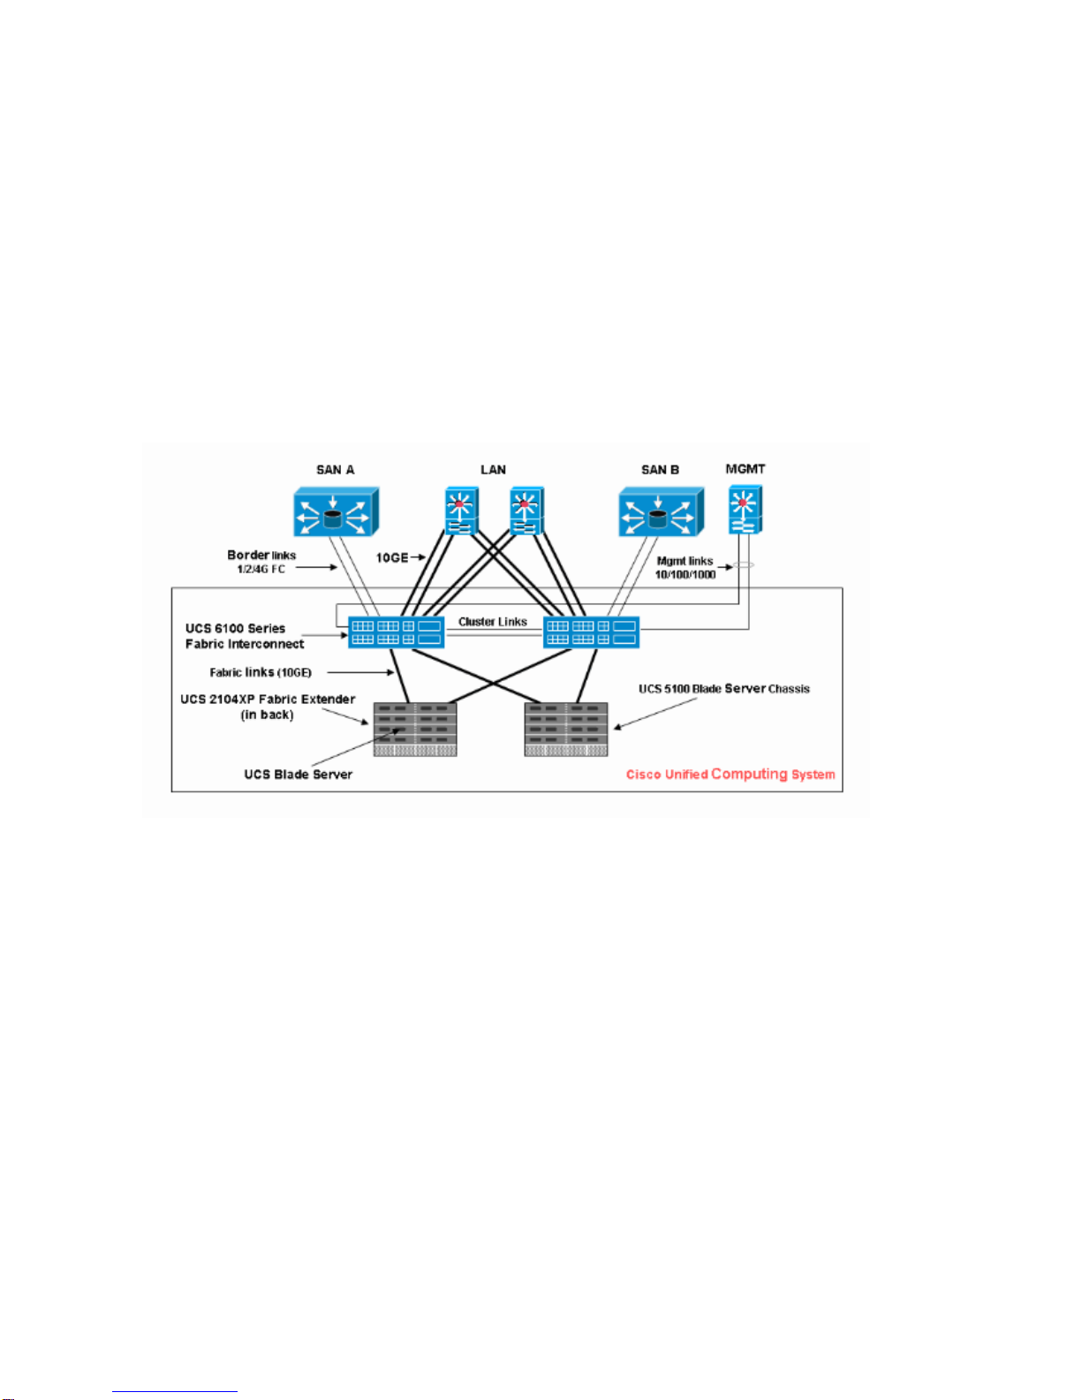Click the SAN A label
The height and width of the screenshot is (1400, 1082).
point(336,470)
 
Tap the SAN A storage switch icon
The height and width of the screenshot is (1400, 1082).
point(333,513)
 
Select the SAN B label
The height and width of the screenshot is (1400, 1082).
point(660,470)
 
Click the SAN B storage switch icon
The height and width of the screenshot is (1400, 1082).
point(659,513)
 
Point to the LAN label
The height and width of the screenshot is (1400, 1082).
point(493,470)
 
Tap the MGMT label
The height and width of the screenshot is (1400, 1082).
point(745,469)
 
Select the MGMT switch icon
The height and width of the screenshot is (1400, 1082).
point(745,510)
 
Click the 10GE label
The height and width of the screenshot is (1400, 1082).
point(392,557)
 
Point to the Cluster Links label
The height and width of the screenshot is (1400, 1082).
point(493,622)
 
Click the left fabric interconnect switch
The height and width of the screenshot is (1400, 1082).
point(396,632)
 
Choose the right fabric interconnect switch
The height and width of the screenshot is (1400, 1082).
point(591,632)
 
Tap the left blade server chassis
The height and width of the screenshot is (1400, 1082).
point(415,729)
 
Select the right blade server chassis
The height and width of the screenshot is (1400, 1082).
point(566,729)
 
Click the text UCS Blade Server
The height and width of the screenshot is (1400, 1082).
point(299,775)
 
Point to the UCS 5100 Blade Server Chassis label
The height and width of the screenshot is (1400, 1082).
point(724,689)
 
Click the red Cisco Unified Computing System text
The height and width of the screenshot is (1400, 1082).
point(730,775)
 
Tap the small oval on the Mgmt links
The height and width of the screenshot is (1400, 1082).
point(743,566)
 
